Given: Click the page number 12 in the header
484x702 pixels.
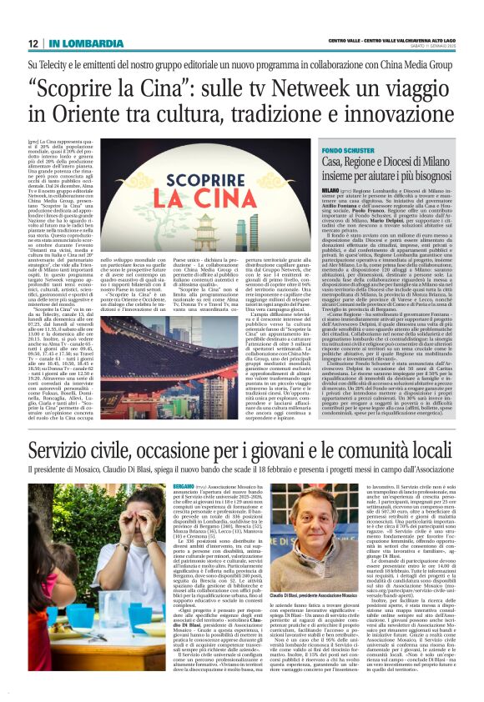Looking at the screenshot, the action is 33,43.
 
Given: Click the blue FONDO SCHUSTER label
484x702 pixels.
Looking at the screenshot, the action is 344,146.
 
